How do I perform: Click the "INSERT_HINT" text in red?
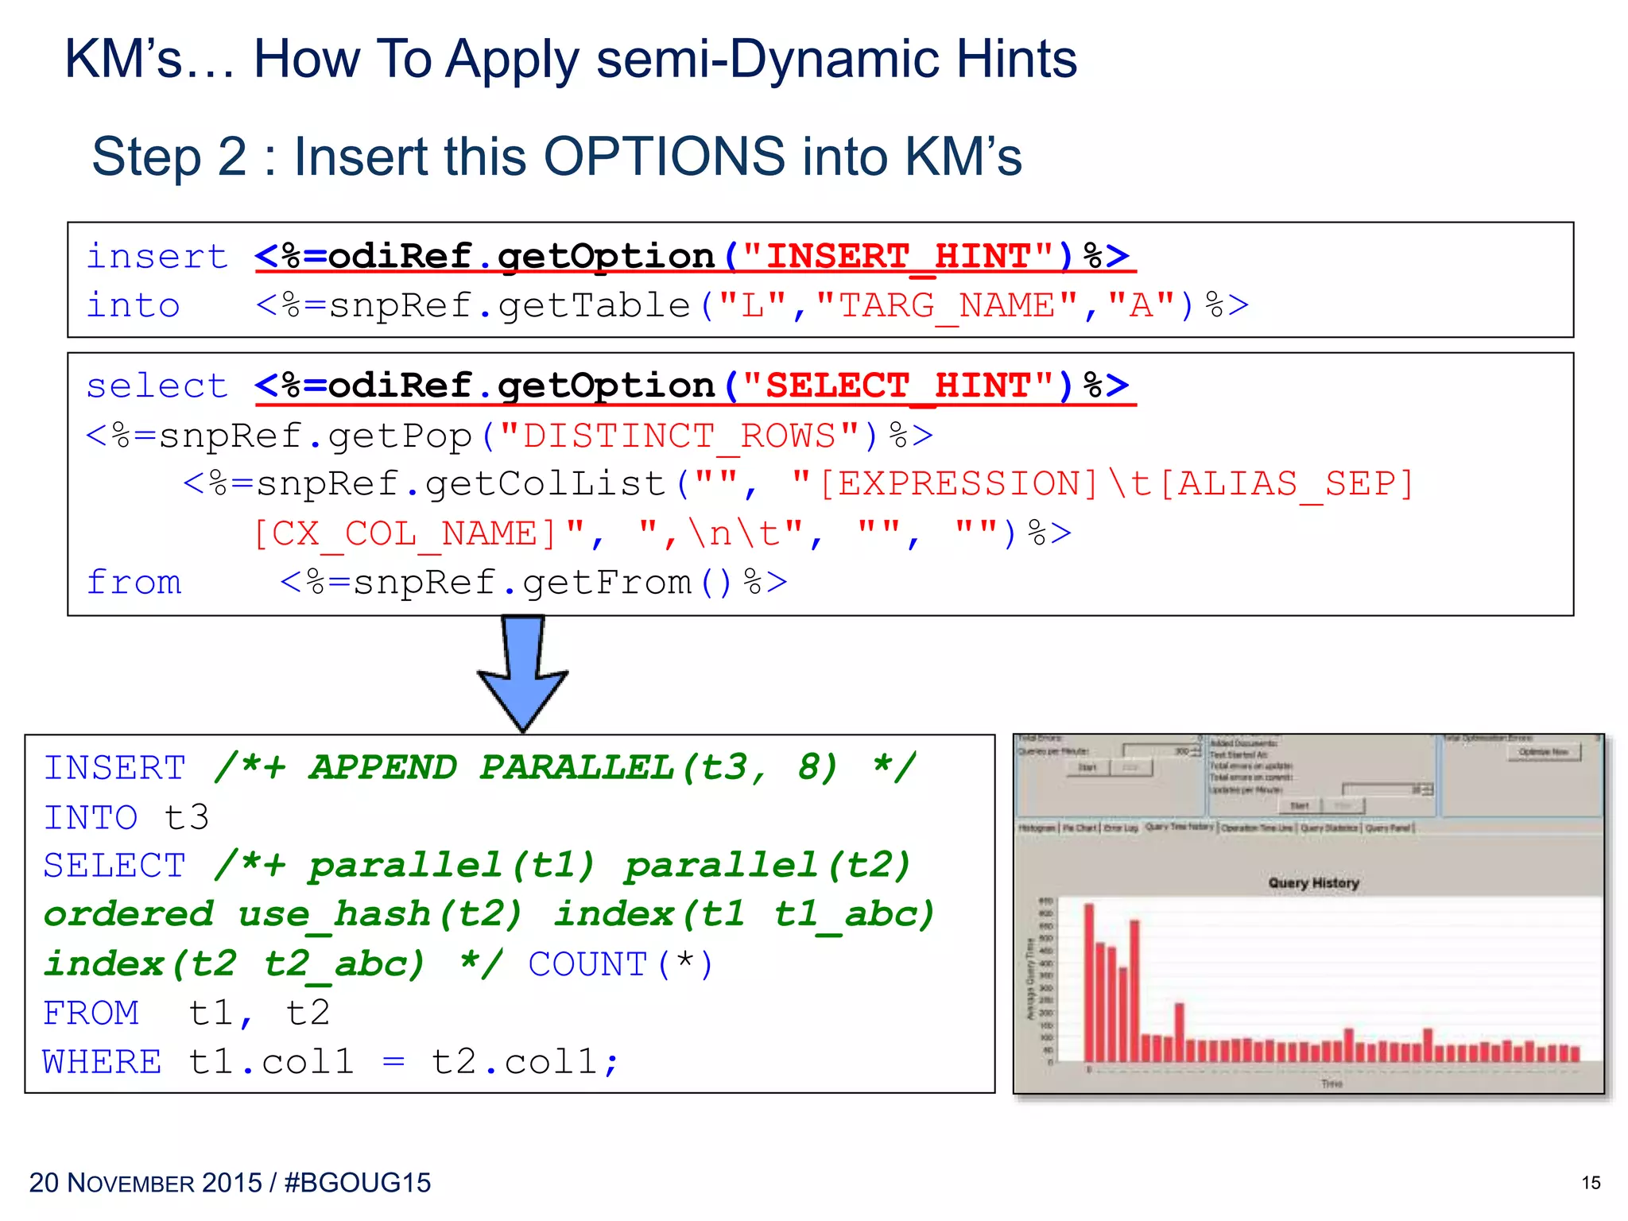(898, 257)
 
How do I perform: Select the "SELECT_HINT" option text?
(898, 386)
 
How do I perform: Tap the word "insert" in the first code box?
(157, 257)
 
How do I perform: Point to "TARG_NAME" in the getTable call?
(946, 306)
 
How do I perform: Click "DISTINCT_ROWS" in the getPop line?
(679, 436)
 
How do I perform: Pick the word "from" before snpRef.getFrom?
(134, 583)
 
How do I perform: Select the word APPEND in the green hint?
(383, 768)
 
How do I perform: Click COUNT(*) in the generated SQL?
(620, 964)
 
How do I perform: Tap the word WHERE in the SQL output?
(102, 1062)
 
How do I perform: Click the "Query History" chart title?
(1313, 883)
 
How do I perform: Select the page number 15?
(1590, 1183)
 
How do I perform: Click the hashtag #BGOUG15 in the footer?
(357, 1183)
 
